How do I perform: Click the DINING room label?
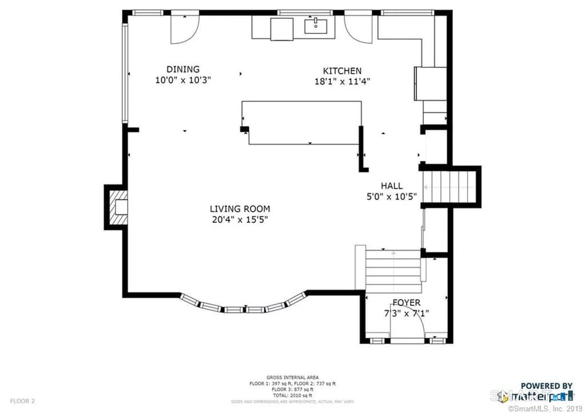coord(182,69)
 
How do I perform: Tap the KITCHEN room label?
coord(342,71)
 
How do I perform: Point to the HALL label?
coord(391,186)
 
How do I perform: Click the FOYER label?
coord(406,303)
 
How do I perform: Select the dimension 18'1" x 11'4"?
coord(342,81)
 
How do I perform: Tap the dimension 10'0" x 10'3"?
coord(182,80)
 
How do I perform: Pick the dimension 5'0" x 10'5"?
coord(391,196)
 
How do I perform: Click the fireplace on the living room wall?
coord(117,208)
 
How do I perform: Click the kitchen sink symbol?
coord(314,26)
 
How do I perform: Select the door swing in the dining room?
coord(184,28)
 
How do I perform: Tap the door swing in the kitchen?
coord(359,28)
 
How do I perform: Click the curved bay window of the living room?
coord(244,308)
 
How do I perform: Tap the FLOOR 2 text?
coord(22,400)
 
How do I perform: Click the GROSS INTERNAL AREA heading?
coord(292,377)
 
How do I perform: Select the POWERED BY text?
coord(546,386)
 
